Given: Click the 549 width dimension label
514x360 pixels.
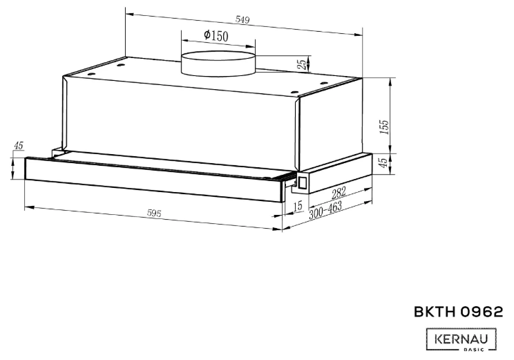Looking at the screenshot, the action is click(x=242, y=19).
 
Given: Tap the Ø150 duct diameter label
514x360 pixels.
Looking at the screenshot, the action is click(x=216, y=35).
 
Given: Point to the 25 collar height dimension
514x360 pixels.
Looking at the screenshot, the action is click(x=303, y=64).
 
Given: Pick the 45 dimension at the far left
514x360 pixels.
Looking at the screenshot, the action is click(x=19, y=146).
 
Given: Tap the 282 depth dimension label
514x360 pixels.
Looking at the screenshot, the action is click(x=339, y=193).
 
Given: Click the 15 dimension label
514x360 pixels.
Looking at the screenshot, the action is click(x=298, y=206).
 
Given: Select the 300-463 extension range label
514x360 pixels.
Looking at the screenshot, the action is click(x=325, y=209).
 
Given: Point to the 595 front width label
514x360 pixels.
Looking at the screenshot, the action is click(x=154, y=214).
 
